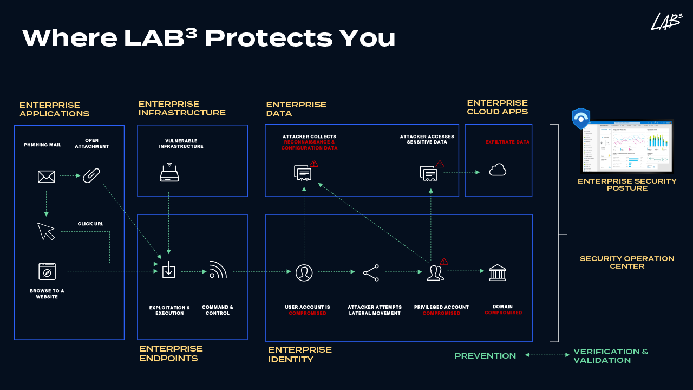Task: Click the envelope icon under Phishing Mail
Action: click(x=47, y=176)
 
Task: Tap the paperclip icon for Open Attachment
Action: click(x=91, y=175)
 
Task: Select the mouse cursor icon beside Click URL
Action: click(x=47, y=231)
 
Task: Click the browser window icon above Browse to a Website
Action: click(x=47, y=271)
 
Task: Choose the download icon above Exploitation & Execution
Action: click(x=169, y=270)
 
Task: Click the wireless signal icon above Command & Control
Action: click(x=218, y=270)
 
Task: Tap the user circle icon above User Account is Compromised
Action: click(x=304, y=272)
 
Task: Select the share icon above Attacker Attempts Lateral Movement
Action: click(x=371, y=272)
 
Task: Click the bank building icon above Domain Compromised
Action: click(x=497, y=272)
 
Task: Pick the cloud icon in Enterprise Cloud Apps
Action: click(x=498, y=171)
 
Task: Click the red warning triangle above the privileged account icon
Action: click(x=444, y=262)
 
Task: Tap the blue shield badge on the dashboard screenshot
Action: click(x=581, y=119)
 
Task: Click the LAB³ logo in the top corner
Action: click(x=666, y=22)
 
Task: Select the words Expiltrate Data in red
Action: click(x=507, y=142)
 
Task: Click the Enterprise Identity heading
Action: click(x=300, y=354)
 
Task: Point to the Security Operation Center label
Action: click(x=627, y=262)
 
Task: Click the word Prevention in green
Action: click(x=485, y=356)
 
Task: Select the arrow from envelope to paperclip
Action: click(x=70, y=175)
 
